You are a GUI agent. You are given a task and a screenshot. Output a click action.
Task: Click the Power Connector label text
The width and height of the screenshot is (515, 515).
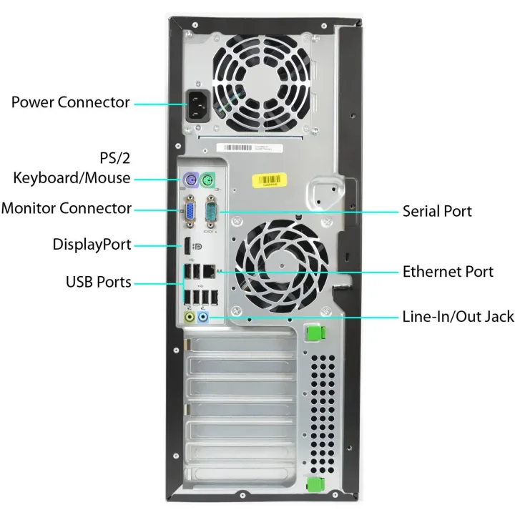[x=71, y=102]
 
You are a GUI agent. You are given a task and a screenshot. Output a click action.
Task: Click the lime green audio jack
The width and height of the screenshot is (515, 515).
[x=190, y=315]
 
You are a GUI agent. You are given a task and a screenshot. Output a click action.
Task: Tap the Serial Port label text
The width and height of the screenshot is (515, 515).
[x=437, y=211]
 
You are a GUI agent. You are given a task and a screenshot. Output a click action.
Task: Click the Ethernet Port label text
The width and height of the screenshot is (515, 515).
[x=448, y=271]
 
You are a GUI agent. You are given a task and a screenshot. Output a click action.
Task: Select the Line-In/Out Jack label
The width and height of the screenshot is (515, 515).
[x=453, y=316]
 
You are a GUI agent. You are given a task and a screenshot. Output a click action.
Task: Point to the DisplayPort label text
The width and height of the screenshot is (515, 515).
[x=92, y=244]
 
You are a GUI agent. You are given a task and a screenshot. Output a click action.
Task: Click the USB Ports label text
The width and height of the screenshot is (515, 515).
[x=99, y=282]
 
